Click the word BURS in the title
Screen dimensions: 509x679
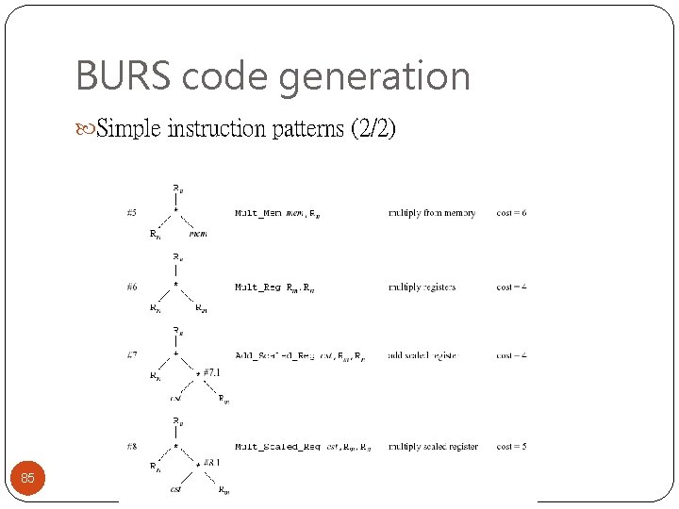point(112,76)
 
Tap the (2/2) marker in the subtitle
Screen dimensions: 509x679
point(373,128)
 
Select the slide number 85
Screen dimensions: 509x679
point(27,479)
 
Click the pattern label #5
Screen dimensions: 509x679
point(131,213)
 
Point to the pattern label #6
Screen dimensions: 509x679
point(131,287)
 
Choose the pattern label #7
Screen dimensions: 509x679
point(131,355)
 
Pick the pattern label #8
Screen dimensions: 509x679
point(131,446)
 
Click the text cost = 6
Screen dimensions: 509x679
point(511,213)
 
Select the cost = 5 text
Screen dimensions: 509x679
point(511,446)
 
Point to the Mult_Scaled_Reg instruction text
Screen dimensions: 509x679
point(277,447)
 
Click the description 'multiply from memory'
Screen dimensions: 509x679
point(432,213)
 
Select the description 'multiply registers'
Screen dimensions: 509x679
point(422,287)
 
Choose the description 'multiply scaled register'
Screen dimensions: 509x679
point(433,446)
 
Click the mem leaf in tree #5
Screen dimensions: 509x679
point(198,234)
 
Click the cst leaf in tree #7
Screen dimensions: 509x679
point(174,399)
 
